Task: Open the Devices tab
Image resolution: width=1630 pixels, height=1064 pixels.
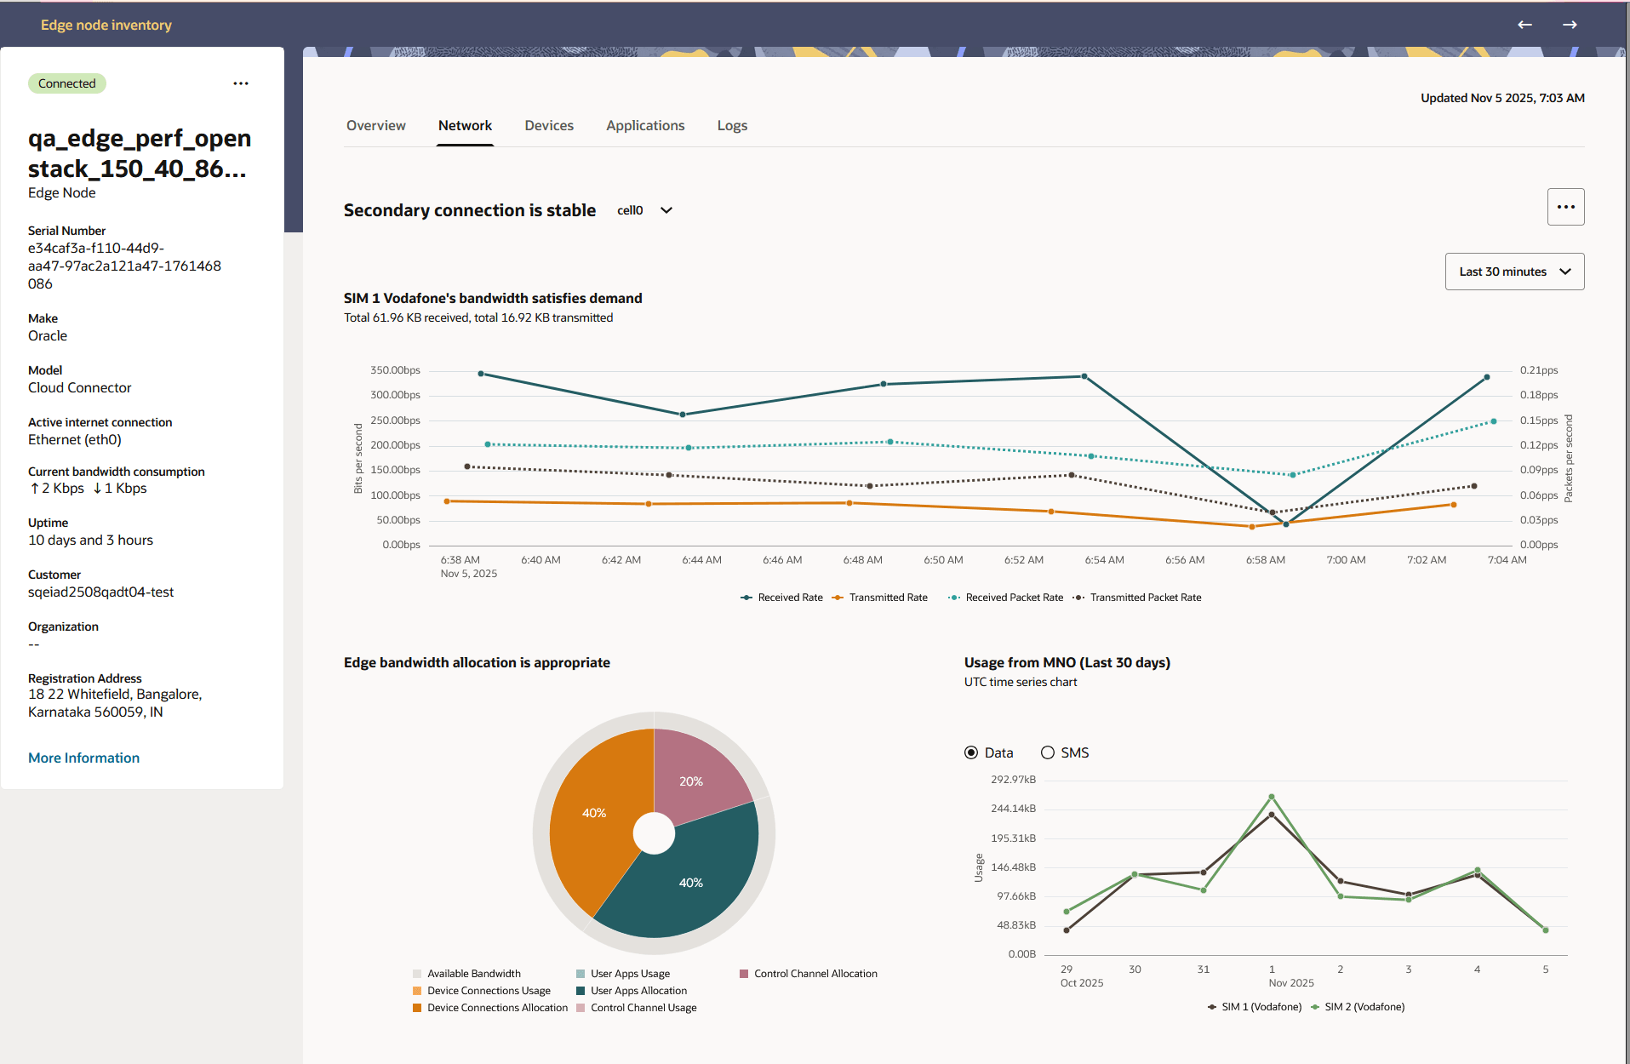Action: [x=549, y=125]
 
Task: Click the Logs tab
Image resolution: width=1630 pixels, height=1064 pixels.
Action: [x=732, y=125]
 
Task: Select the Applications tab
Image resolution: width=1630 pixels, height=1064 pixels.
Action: [x=645, y=125]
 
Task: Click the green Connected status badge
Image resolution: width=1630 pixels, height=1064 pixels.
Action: [x=66, y=83]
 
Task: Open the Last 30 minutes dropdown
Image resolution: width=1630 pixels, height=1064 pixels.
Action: [x=1514, y=272]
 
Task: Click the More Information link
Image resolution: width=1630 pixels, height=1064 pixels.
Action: [x=83, y=758]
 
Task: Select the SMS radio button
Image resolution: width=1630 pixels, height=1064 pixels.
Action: [x=1048, y=752]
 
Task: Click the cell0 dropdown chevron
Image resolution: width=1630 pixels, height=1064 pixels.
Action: [x=666, y=210]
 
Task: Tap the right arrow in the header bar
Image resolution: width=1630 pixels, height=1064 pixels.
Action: [x=1570, y=25]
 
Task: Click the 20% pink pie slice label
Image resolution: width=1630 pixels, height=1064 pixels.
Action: [x=691, y=781]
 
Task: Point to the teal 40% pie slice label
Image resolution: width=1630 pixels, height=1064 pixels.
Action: [x=691, y=883]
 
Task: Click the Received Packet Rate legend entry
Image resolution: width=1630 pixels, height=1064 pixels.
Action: [x=1014, y=598]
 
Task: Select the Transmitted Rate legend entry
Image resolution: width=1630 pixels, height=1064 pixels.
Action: [x=888, y=598]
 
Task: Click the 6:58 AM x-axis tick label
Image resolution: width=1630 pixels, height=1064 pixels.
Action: [x=1265, y=560]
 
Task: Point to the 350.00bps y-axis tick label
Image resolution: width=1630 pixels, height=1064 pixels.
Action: [x=395, y=370]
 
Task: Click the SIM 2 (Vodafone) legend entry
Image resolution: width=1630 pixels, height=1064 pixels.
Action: [x=1364, y=1007]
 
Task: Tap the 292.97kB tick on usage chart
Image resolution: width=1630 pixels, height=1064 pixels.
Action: [x=1013, y=780]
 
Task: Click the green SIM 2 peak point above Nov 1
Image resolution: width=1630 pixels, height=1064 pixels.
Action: [x=1272, y=797]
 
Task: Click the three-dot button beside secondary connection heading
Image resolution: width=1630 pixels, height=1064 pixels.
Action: [x=1565, y=207]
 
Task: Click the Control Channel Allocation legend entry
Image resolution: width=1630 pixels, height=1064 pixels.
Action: [x=815, y=974]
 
